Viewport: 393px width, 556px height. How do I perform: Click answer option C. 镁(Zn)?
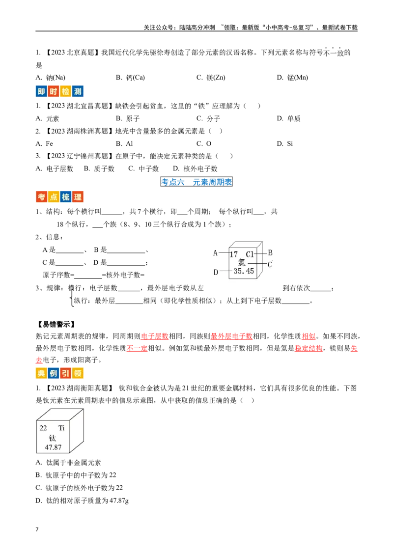coord(211,78)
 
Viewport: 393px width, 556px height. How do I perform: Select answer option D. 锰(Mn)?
coord(292,78)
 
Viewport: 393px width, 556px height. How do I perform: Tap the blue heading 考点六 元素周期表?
coord(196,182)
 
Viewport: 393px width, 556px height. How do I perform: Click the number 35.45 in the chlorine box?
coord(244,271)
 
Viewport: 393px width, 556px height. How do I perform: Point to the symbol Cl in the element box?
coord(250,254)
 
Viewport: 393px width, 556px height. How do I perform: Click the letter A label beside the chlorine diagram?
coord(215,253)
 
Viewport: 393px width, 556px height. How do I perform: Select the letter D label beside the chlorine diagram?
coord(215,272)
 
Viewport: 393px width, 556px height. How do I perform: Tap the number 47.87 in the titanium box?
coord(53,447)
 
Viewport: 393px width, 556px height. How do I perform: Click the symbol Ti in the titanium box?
coord(61,428)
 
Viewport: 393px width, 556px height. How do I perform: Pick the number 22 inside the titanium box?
coord(43,428)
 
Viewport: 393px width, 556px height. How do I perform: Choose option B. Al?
coord(124,143)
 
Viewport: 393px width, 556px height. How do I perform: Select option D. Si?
coord(285,143)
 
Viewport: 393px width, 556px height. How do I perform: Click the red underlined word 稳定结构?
coord(309,348)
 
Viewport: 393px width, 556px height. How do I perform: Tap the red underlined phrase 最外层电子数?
coord(231,336)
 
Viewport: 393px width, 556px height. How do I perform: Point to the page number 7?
coord(37,529)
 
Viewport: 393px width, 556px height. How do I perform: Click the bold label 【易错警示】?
coord(56,324)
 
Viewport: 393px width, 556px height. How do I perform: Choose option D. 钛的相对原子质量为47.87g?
coord(82,500)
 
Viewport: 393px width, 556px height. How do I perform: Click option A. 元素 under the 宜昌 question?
coord(47,119)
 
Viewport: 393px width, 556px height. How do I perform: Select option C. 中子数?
coord(143,169)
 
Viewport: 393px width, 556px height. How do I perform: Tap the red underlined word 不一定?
coord(137,348)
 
